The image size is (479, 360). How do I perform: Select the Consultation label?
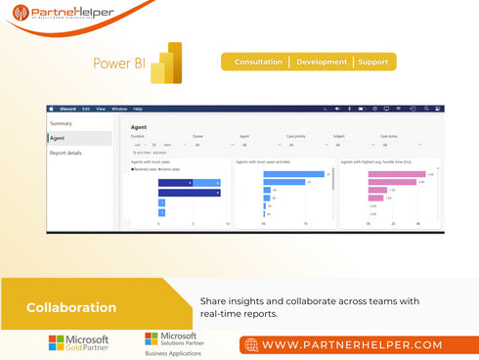coord(258,62)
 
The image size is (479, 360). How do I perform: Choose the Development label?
coord(322,62)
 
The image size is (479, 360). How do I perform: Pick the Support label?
coord(372,62)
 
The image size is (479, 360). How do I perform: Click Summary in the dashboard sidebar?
coord(61,123)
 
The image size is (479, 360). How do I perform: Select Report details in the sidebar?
coord(65,153)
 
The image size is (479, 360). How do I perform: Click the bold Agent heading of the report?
coord(139,126)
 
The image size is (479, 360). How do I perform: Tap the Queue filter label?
coord(197,137)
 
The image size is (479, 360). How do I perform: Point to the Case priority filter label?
coord(295,137)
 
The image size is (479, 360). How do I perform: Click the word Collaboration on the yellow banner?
coord(71,307)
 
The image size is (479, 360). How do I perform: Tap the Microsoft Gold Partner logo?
coord(78,343)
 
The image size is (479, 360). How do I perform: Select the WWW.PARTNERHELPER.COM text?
coord(352,345)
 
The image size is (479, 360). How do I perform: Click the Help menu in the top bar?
coord(138,109)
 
